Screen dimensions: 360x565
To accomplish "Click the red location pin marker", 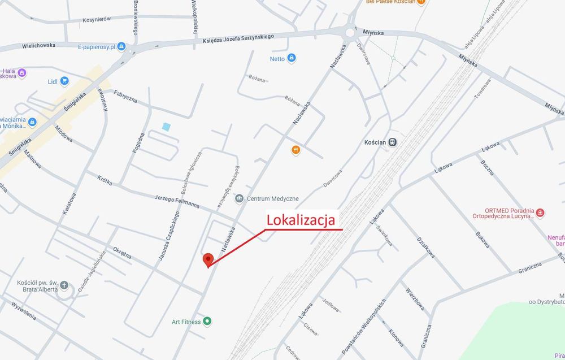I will (x=208, y=259).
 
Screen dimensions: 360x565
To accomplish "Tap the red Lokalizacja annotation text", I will (x=301, y=219).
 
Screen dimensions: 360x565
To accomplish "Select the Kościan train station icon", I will (x=393, y=142).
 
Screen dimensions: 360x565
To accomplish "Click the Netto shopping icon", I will (x=292, y=58).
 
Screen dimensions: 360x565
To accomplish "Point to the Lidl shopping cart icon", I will (x=64, y=81).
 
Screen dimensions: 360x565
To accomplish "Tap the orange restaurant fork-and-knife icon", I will (x=295, y=150).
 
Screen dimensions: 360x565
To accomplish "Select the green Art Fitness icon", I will (x=207, y=322).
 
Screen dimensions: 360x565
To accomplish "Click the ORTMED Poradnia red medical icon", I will (x=540, y=212).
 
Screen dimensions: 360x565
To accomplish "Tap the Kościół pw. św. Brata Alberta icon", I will (x=64, y=285).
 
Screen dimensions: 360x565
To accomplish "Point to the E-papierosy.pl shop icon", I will (x=121, y=47).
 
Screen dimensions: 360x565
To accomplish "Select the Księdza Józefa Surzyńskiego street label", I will (x=238, y=39).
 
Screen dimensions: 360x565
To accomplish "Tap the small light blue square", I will (x=166, y=127).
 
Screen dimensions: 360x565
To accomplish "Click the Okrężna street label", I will (x=122, y=251).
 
